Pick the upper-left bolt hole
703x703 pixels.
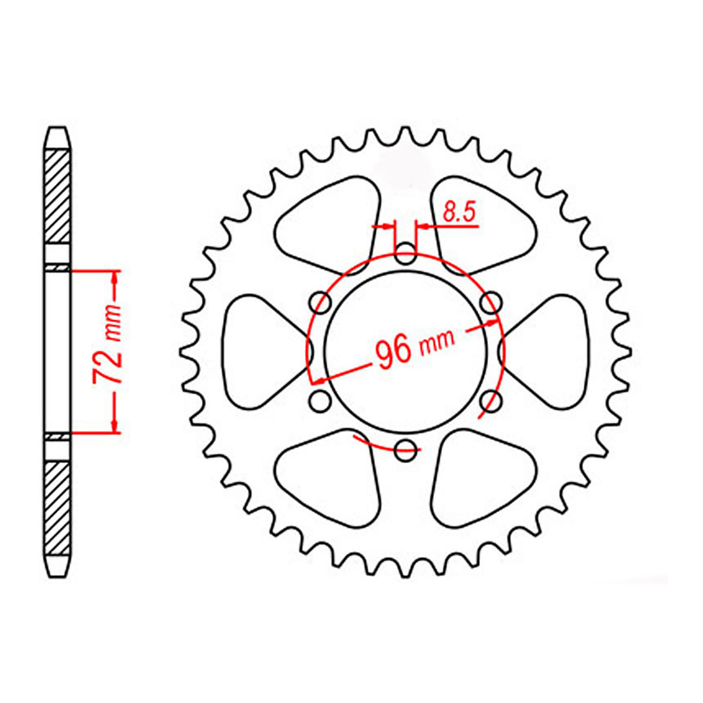[x=320, y=302]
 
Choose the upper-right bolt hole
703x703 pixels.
[x=492, y=301]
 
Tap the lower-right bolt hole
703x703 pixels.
[x=492, y=399]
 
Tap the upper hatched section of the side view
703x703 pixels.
[x=58, y=196]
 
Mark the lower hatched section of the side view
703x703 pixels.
[x=58, y=507]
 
